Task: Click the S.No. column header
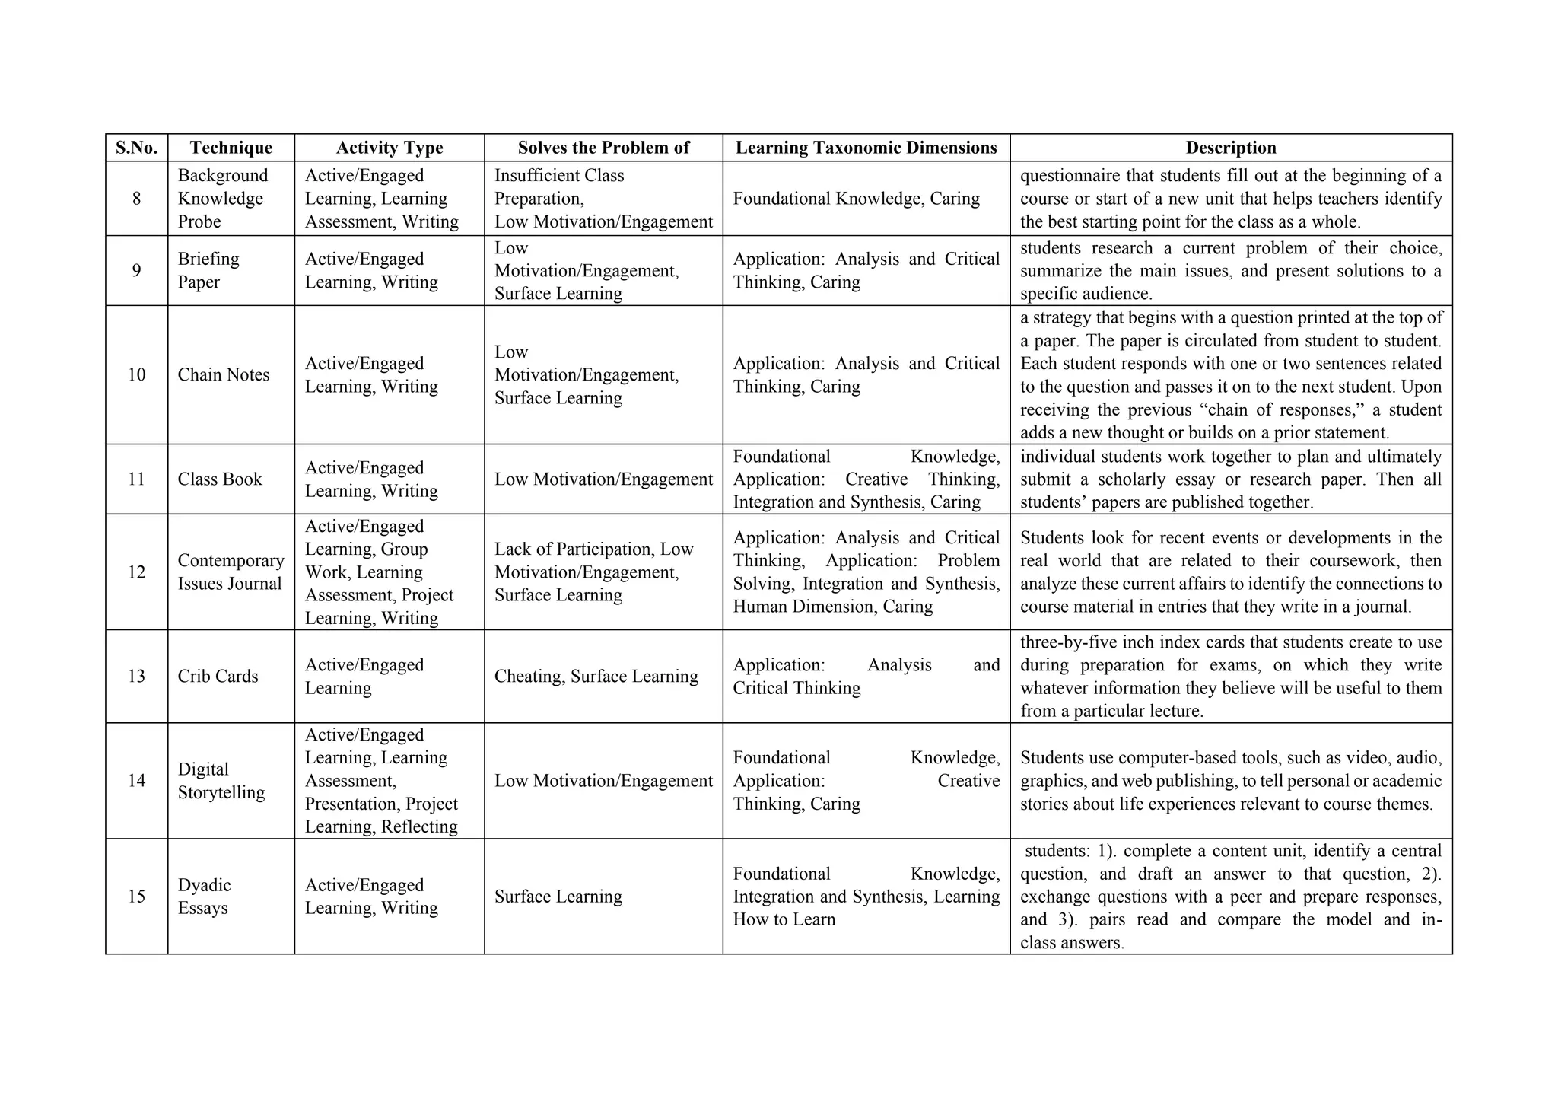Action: tap(136, 148)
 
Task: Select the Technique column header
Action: tap(231, 148)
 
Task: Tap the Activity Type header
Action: tap(389, 148)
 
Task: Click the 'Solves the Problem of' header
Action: tap(603, 148)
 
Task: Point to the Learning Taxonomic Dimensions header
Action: tap(866, 148)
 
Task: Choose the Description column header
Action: tap(1230, 148)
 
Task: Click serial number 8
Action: tap(136, 199)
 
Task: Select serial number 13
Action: tap(136, 677)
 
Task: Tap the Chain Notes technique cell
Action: tap(224, 375)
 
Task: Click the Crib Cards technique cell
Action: tap(218, 677)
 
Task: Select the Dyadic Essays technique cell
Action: tap(204, 897)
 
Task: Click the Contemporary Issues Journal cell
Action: tap(231, 572)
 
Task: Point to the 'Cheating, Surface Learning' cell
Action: tap(596, 677)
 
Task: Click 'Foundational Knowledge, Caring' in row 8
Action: tap(856, 199)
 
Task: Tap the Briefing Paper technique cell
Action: tap(208, 270)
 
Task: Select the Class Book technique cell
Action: tap(220, 479)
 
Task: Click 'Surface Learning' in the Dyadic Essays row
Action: tap(558, 897)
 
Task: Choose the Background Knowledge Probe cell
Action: tap(222, 199)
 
